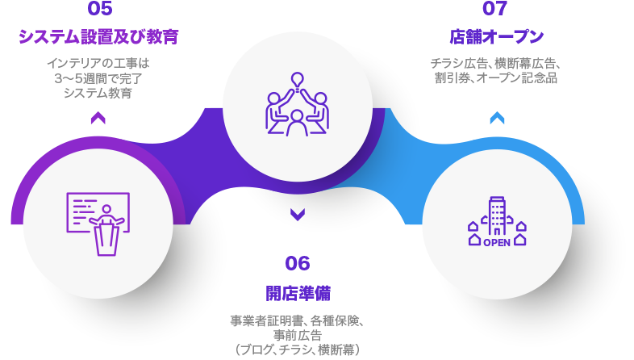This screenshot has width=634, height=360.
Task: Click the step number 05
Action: pyautogui.click(x=100, y=9)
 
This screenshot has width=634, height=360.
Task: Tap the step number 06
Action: pyautogui.click(x=298, y=263)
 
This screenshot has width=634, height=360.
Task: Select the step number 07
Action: pyautogui.click(x=494, y=9)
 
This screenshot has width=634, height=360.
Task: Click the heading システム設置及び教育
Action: pyautogui.click(x=98, y=37)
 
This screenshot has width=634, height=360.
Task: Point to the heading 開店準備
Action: pyautogui.click(x=298, y=294)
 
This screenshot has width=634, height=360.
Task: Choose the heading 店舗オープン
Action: pyautogui.click(x=497, y=37)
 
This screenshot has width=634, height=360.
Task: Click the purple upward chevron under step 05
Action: pyautogui.click(x=98, y=118)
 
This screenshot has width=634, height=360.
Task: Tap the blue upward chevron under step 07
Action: pyautogui.click(x=498, y=118)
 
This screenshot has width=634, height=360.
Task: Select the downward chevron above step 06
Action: pyautogui.click(x=298, y=215)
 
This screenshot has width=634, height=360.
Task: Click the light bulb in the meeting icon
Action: pyautogui.click(x=298, y=81)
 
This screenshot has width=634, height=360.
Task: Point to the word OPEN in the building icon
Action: pyautogui.click(x=497, y=243)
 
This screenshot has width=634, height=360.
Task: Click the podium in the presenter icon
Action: pyautogui.click(x=106, y=240)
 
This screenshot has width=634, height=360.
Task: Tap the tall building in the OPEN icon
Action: pyautogui.click(x=497, y=216)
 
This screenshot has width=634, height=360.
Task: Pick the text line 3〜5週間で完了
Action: pyautogui.click(x=98, y=78)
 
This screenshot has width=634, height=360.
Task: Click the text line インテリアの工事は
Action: pyautogui.click(x=98, y=64)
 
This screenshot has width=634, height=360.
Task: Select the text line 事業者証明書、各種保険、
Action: pyautogui.click(x=298, y=320)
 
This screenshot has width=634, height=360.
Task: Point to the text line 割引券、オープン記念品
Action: pyautogui.click(x=496, y=78)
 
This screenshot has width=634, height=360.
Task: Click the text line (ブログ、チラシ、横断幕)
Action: pyautogui.click(x=298, y=350)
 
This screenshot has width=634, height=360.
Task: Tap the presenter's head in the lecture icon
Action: pyautogui.click(x=106, y=210)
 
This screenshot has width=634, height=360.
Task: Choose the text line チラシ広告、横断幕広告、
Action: pyautogui.click(x=496, y=64)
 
